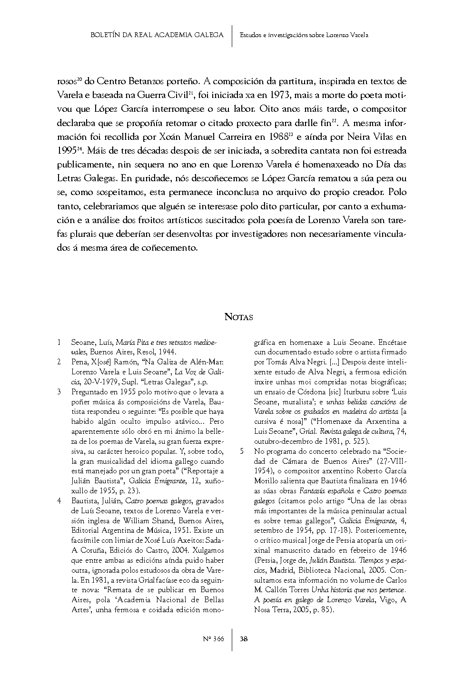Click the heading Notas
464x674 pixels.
pos(238,317)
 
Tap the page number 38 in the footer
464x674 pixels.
pos(244,639)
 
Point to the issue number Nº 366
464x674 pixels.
pos(214,639)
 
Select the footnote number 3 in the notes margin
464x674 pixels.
pos(59,392)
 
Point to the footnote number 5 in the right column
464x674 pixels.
pos(242,450)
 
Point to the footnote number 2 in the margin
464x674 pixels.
pos(59,362)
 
